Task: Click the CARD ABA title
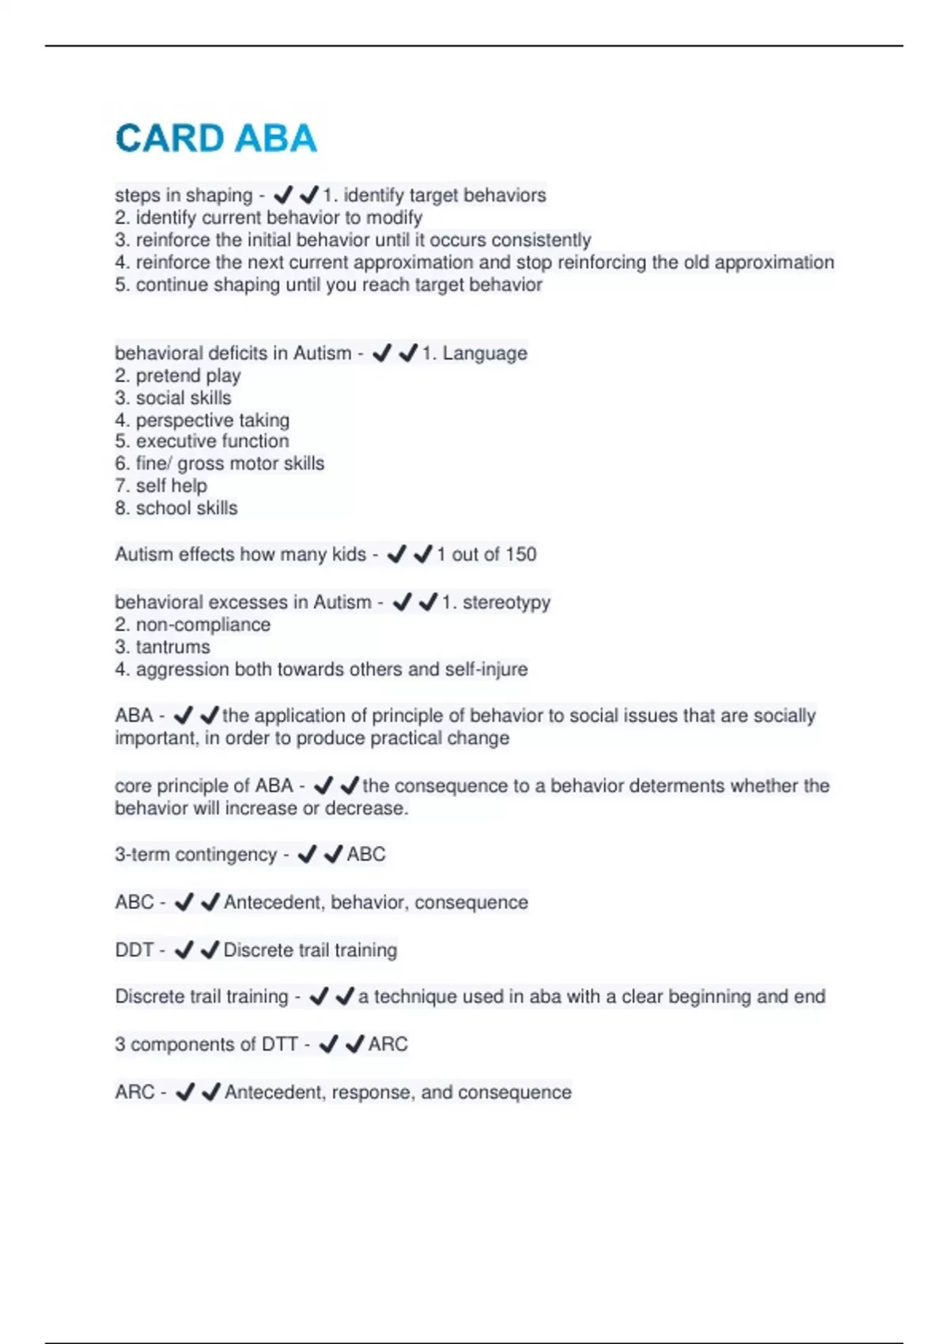point(216,139)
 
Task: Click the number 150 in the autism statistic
point(520,554)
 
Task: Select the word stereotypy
point(506,602)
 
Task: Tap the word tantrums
point(172,647)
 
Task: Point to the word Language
point(484,353)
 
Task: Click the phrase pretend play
point(188,376)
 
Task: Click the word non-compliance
point(203,625)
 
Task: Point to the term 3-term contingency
point(195,855)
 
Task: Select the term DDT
point(134,949)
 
